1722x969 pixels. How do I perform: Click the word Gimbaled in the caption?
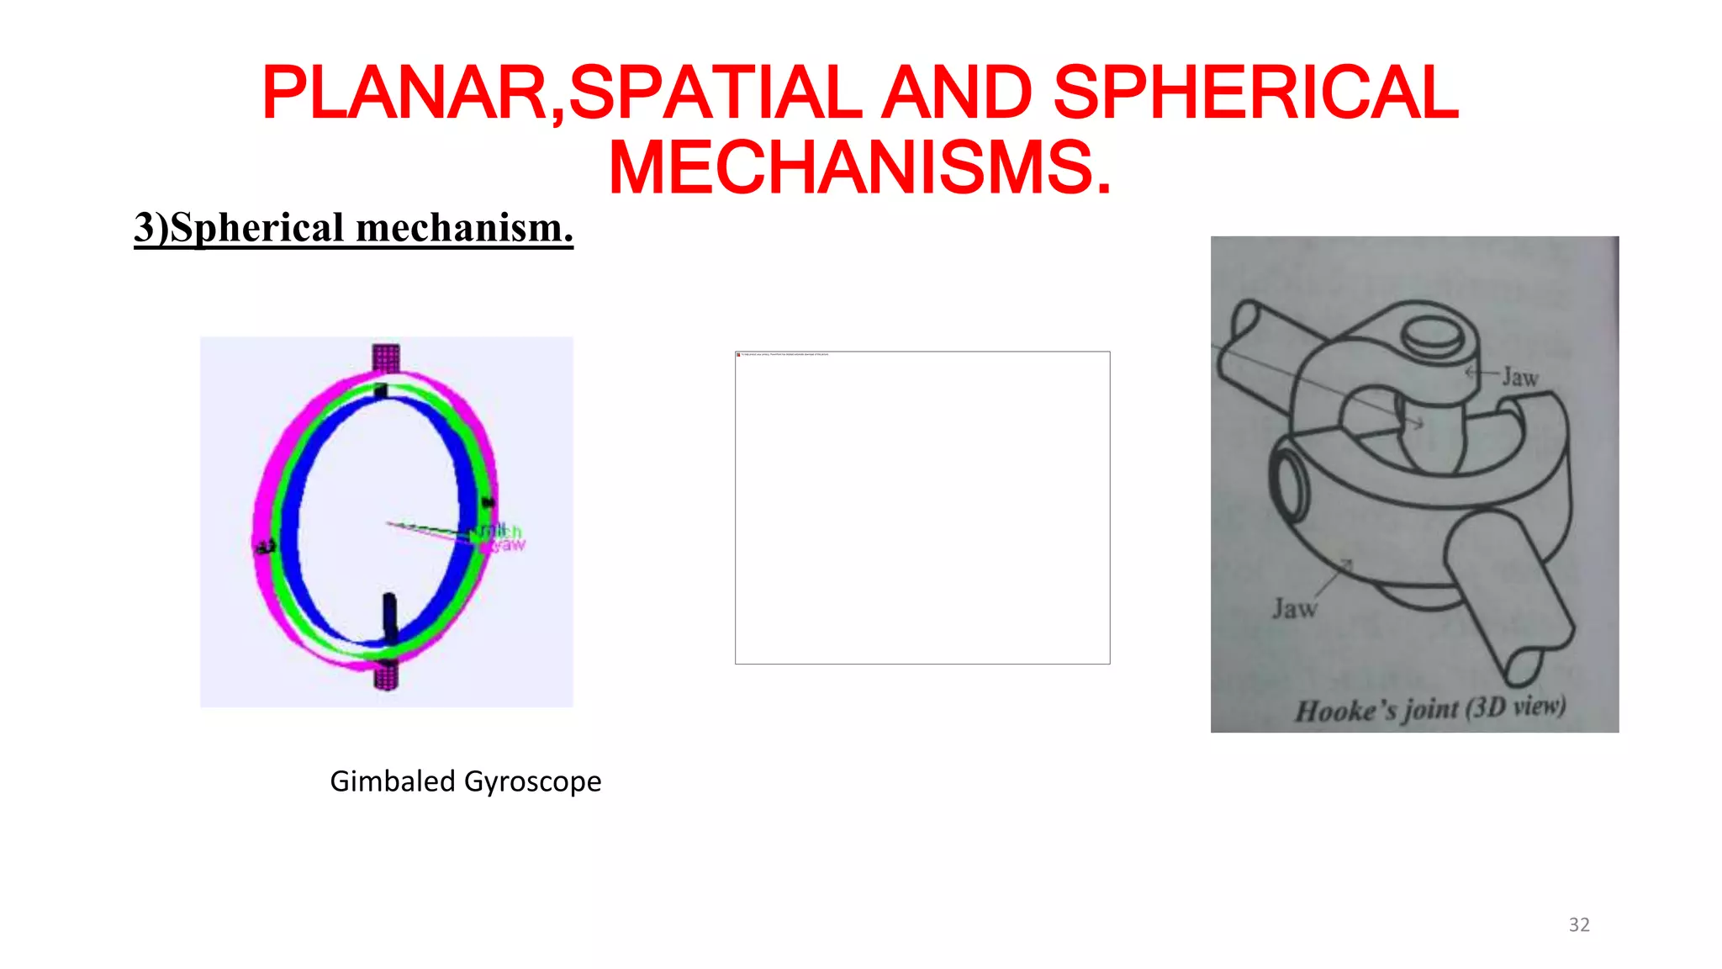click(x=392, y=781)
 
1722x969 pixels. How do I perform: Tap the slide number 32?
click(x=1579, y=925)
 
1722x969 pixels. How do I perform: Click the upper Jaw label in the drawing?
click(x=1520, y=378)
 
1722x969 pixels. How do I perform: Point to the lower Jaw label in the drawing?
click(x=1294, y=608)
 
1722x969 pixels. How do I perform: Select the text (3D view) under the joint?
click(x=1515, y=707)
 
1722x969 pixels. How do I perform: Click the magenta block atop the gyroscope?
click(x=386, y=357)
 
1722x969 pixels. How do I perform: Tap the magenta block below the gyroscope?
click(x=386, y=675)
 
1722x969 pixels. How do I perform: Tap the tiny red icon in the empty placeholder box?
click(x=738, y=354)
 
